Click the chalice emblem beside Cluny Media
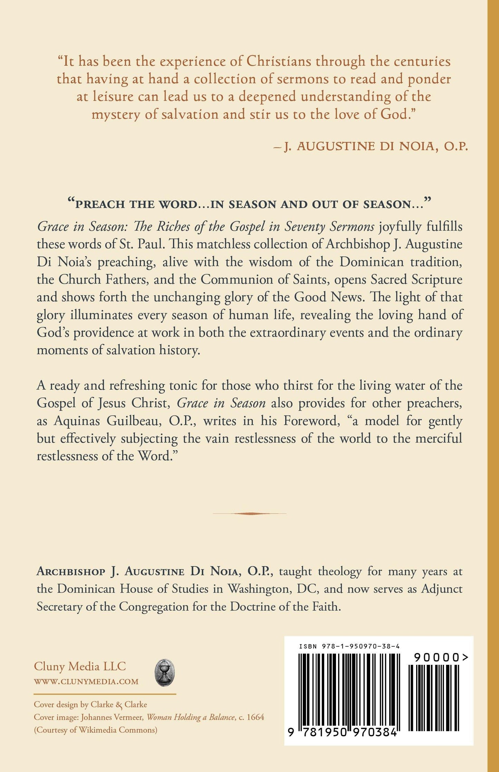(164, 672)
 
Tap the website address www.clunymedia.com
(86, 681)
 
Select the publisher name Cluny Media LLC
(80, 666)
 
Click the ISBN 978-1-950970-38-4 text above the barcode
(349, 646)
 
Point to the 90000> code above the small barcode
(441, 658)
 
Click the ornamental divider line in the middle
(249, 513)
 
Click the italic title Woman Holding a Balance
(191, 717)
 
